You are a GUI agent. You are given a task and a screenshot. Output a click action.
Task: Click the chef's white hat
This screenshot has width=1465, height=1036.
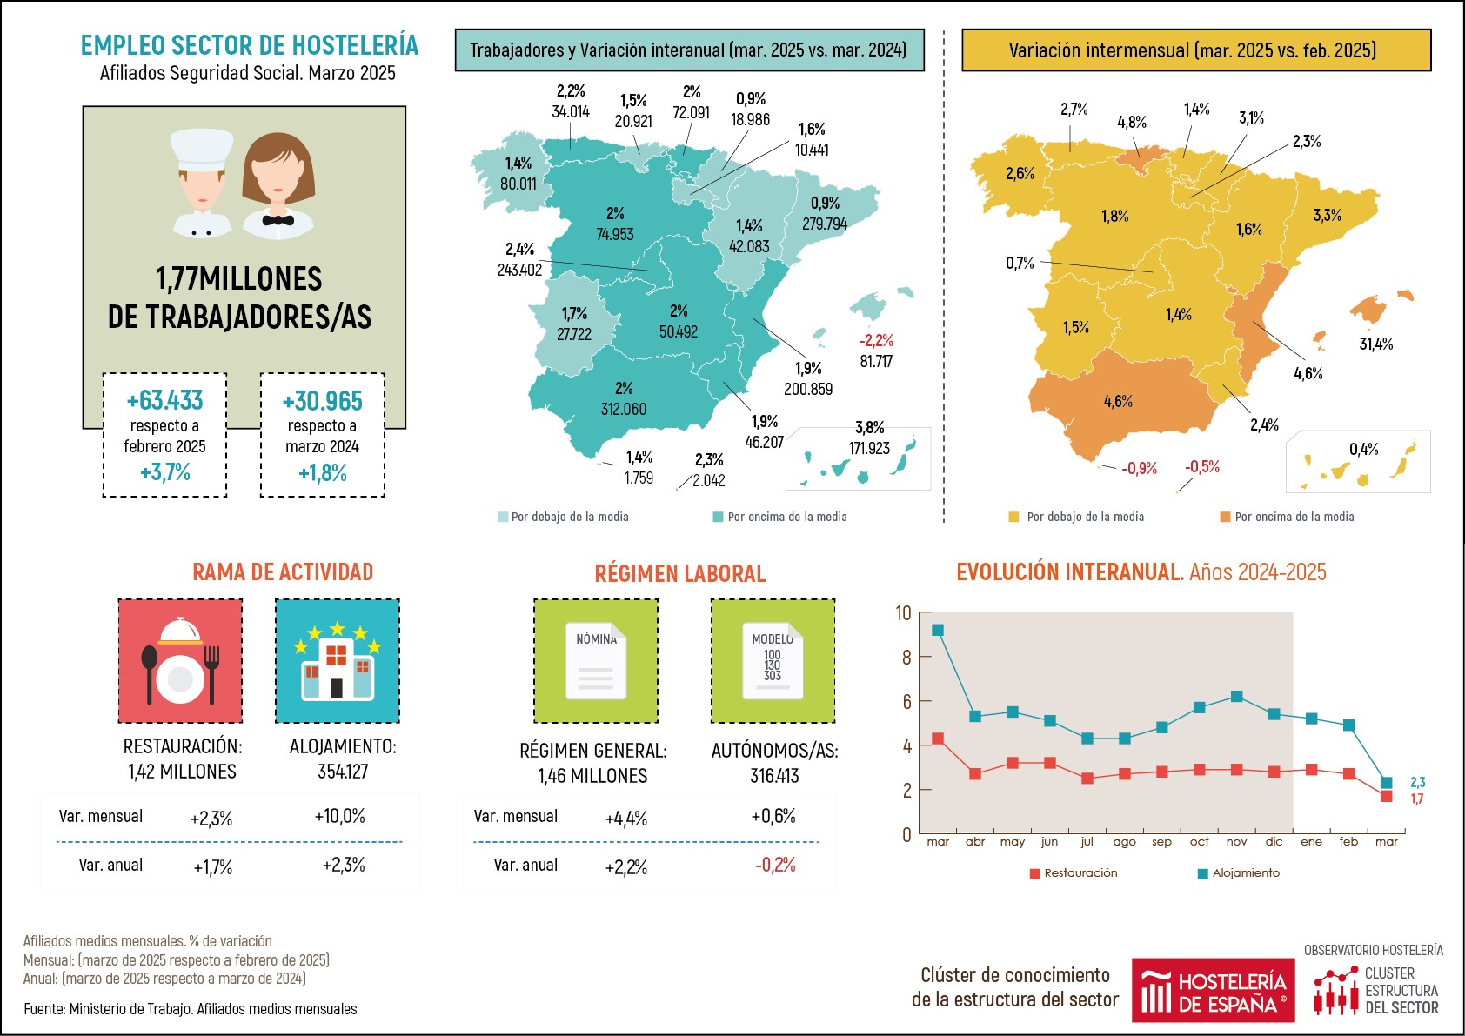tap(202, 148)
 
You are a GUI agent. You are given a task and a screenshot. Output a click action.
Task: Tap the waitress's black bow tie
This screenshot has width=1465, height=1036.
tap(278, 220)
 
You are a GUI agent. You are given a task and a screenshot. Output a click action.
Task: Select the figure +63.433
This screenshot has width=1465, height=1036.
tap(164, 400)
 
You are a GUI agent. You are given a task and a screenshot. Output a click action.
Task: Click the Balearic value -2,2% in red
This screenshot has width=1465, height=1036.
tap(876, 340)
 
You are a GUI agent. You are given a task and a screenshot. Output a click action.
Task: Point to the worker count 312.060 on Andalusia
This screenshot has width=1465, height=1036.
tap(623, 409)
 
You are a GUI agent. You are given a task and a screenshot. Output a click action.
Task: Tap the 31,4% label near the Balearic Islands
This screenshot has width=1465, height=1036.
tap(1375, 344)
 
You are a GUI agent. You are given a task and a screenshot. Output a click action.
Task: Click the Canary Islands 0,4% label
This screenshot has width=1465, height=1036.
tap(1363, 449)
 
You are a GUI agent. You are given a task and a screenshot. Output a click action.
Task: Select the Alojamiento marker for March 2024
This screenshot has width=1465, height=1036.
tap(937, 630)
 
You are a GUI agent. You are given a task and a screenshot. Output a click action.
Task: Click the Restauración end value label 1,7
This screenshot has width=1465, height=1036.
tap(1417, 799)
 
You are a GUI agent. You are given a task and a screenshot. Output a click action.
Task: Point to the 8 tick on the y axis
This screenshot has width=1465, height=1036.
tap(906, 658)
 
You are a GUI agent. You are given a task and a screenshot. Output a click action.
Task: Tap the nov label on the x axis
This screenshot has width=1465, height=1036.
tap(1236, 841)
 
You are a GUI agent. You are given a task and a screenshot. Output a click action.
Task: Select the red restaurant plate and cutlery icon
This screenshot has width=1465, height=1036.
tap(180, 660)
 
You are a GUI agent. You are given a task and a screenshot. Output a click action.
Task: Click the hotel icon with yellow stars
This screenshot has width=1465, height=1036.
tap(337, 660)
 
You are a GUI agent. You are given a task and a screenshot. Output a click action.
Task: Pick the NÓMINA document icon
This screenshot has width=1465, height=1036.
tap(596, 660)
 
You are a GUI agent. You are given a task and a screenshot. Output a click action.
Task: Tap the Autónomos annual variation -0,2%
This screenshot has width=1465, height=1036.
tap(774, 865)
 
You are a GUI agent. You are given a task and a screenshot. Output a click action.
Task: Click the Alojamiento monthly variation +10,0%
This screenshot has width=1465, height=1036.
tap(339, 816)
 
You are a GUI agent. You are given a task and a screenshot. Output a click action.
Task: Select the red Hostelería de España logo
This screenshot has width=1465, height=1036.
tap(1213, 990)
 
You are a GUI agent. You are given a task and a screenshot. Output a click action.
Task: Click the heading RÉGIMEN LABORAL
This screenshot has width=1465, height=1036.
tap(679, 573)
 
